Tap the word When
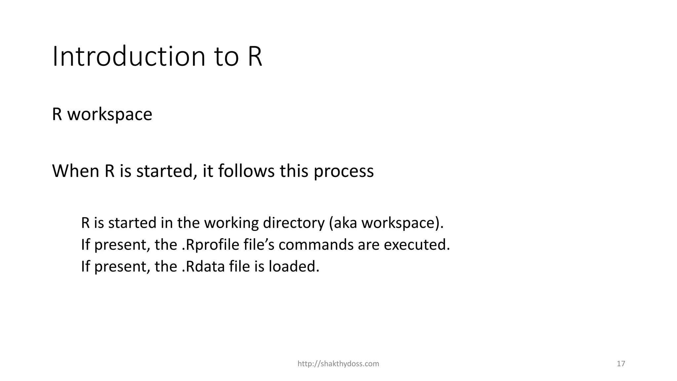76,171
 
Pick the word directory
294,223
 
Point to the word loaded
294,267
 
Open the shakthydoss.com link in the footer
338,364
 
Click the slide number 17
621,364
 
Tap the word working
231,223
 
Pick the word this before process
294,171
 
